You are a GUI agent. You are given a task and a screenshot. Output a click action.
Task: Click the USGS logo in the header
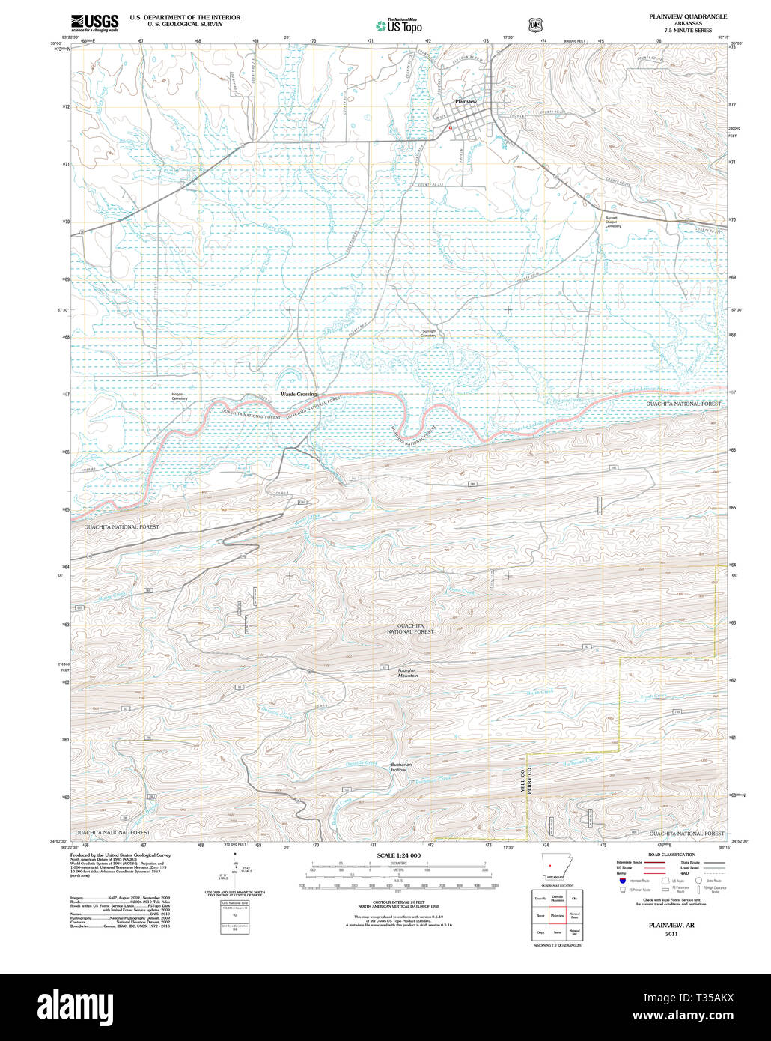(x=94, y=22)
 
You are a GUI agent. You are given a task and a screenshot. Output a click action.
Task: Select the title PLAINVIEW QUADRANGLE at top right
(x=686, y=16)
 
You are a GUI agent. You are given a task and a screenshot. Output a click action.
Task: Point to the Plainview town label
(x=466, y=101)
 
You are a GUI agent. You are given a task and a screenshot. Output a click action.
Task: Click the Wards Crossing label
(x=298, y=394)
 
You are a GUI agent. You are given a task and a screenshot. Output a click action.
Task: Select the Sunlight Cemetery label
(x=428, y=333)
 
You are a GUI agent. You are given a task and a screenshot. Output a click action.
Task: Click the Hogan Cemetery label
(x=179, y=396)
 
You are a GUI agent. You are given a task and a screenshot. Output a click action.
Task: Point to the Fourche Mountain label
(x=408, y=673)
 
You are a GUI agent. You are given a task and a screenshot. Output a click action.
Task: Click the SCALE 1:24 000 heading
(x=399, y=855)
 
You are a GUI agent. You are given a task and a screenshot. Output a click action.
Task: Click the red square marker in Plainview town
(x=450, y=127)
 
